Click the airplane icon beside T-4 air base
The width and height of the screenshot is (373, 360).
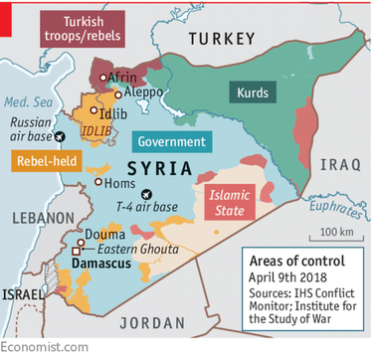148,194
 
